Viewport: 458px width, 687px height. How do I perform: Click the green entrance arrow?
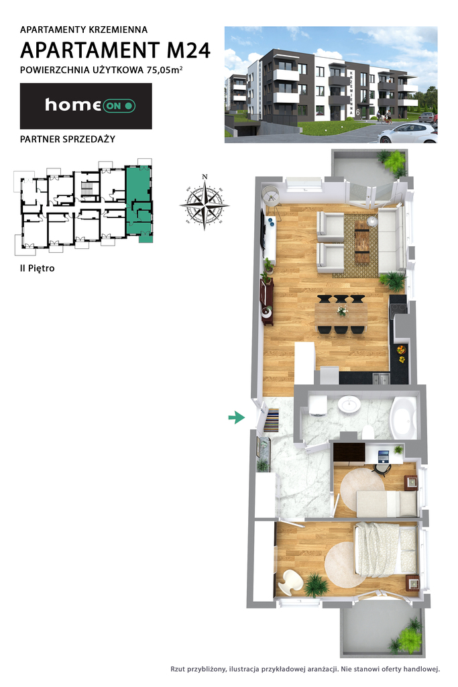(237, 417)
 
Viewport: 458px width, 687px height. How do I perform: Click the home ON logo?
(91, 105)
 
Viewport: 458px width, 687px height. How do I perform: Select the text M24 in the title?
(188, 50)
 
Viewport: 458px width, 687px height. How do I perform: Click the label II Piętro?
(38, 268)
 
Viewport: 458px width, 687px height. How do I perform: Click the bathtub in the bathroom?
(404, 417)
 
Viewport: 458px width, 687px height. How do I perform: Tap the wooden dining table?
(341, 313)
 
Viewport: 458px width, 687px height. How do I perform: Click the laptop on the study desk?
(383, 456)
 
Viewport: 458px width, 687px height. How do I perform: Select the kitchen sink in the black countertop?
(381, 377)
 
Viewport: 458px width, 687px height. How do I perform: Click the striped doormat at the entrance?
(272, 420)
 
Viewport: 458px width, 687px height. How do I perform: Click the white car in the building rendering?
(408, 134)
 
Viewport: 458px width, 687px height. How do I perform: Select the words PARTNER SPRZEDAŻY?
(68, 139)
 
